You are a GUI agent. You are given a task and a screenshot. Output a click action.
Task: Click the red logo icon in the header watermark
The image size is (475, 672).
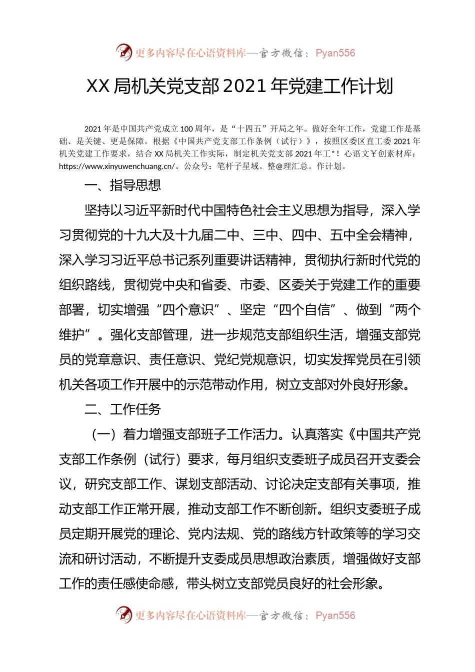click(x=123, y=52)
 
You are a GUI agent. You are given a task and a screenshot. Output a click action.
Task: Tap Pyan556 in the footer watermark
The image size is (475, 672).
click(x=335, y=615)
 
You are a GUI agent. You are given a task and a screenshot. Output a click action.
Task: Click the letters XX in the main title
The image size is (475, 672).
click(x=98, y=86)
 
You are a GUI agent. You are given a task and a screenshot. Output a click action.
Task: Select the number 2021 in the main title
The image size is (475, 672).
click(x=243, y=86)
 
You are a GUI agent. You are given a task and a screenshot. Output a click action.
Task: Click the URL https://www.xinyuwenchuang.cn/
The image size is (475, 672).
click(x=117, y=166)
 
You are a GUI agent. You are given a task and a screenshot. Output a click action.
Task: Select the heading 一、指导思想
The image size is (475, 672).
click(x=122, y=185)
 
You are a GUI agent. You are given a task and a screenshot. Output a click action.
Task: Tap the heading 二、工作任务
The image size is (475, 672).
click(x=122, y=409)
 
